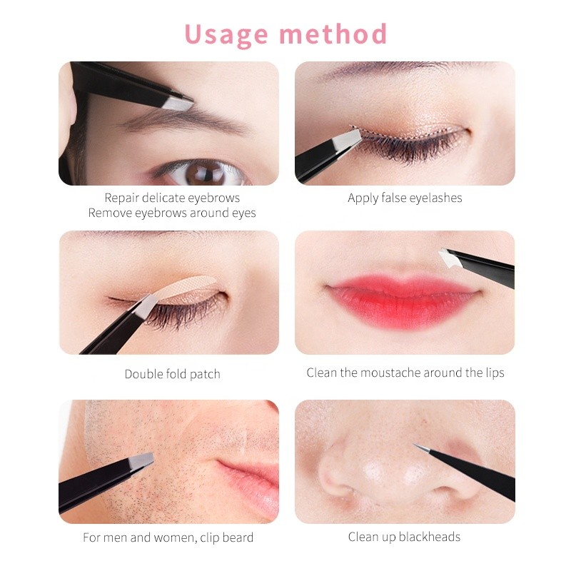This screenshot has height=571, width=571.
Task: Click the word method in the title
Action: [335, 34]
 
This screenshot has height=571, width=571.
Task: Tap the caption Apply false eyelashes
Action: [405, 198]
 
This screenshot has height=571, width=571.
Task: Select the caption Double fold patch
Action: [172, 374]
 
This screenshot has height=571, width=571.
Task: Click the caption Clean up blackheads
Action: [404, 537]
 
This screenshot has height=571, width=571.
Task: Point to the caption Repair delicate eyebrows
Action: [172, 198]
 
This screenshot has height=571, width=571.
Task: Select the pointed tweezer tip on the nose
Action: [418, 447]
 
